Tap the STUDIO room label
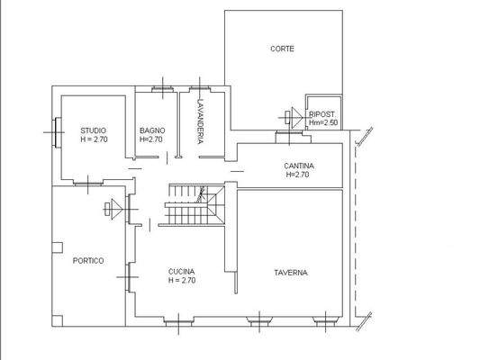click(94, 130)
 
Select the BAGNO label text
click(150, 130)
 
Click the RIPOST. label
click(322, 114)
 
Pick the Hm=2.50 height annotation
click(322, 122)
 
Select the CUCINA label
click(182, 271)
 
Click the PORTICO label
click(88, 260)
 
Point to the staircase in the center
click(194, 206)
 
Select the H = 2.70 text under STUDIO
click(94, 139)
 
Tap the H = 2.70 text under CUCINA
click(182, 280)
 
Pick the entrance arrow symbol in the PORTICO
click(113, 209)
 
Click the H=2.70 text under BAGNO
click(151, 139)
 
